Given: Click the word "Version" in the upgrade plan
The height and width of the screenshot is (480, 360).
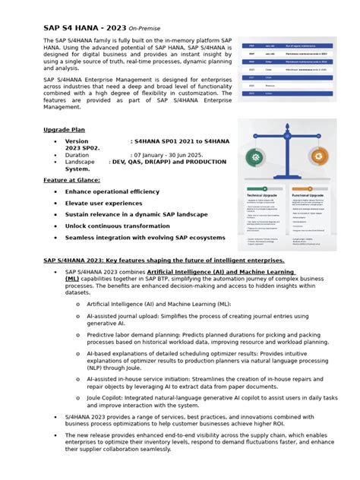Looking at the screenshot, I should pos(77,141).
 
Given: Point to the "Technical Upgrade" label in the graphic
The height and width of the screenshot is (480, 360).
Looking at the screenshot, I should pos(263,195).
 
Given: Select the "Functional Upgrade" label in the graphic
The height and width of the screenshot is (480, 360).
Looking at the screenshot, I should pos(310,195).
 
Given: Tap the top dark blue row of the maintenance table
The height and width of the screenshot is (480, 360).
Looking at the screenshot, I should pos(287,46).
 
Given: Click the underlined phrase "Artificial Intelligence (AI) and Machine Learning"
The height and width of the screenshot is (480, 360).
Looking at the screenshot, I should pos(220,271).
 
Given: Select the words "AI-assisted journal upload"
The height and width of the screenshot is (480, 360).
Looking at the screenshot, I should pos(125,315).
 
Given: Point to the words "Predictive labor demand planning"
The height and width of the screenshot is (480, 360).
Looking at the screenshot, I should pos(136,334).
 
